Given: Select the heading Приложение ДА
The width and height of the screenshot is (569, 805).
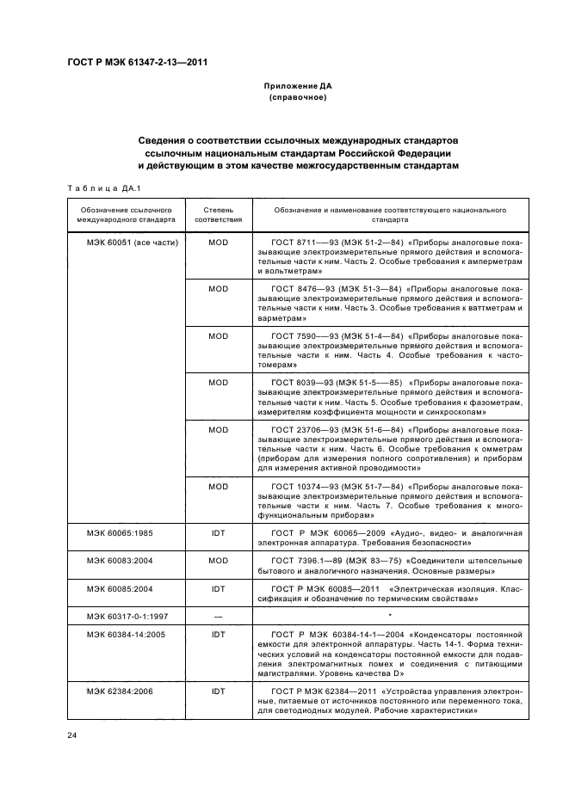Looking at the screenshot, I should [x=298, y=87].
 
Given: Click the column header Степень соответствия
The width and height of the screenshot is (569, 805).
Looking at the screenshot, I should [x=219, y=214].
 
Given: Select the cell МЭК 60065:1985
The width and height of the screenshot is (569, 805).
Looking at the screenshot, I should [x=120, y=534].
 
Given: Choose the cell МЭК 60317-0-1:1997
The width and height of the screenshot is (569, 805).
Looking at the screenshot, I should [x=125, y=617].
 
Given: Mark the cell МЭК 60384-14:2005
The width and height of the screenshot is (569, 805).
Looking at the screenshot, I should [x=125, y=636].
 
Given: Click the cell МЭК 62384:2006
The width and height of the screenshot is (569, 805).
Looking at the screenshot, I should [x=120, y=691].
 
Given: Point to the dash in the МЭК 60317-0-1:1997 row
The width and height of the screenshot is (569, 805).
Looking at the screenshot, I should [x=219, y=617].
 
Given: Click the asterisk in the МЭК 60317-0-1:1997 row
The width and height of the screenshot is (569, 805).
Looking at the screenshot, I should [x=391, y=616].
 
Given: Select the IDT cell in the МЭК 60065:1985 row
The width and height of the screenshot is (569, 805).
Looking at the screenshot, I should [x=219, y=534].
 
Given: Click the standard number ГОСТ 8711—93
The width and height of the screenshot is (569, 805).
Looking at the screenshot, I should [x=300, y=243].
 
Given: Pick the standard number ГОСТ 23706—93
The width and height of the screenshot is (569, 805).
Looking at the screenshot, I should [x=303, y=429].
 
